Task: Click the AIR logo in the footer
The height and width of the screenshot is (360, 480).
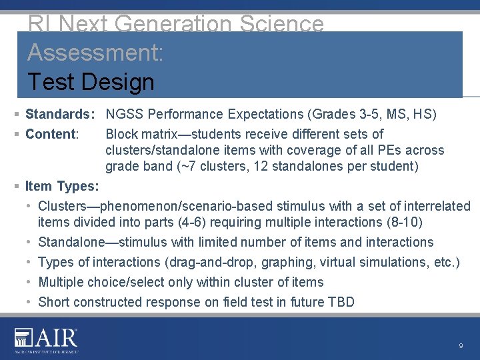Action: coord(46,340)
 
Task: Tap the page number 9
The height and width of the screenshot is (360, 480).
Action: coord(461,346)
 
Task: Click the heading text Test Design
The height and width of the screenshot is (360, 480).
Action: coord(91,82)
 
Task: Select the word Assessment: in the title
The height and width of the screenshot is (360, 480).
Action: coord(95,53)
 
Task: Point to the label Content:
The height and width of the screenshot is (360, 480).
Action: coord(52,134)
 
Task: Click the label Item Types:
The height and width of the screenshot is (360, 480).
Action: coord(62,186)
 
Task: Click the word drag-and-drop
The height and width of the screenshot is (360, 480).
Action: coord(208,262)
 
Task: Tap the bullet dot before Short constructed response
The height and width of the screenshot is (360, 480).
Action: coord(30,302)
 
